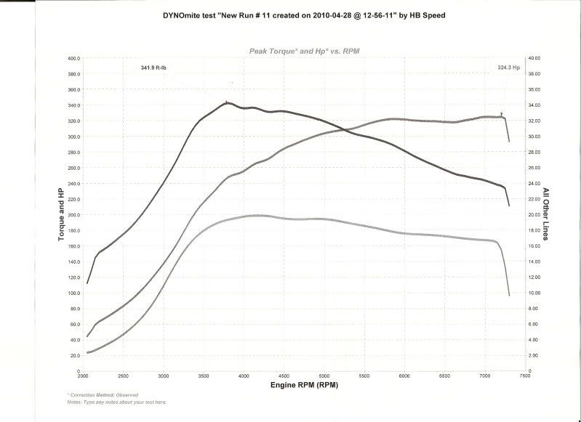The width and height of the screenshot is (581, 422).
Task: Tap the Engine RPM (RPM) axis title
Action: [303, 385]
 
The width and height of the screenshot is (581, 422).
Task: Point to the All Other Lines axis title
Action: [546, 214]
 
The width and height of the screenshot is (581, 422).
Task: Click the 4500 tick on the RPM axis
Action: [284, 376]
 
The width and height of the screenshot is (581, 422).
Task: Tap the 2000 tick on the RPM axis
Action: [83, 376]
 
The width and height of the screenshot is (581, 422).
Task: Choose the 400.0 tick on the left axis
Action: [73, 58]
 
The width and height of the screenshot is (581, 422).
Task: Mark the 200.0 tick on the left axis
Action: [73, 215]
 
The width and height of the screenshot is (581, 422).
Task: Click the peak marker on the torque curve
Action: [227, 102]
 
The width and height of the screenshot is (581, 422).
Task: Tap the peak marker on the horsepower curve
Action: [502, 114]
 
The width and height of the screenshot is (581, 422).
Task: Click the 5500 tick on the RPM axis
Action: [364, 376]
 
